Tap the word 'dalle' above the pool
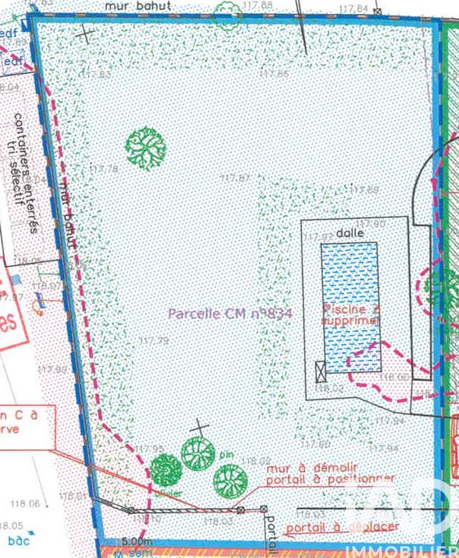pyautogui.click(x=346, y=234)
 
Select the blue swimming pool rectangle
pyautogui.click(x=349, y=300)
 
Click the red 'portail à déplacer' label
pyautogui.click(x=342, y=525)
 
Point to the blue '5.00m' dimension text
pyautogui.click(x=136, y=541)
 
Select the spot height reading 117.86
pyautogui.click(x=273, y=73)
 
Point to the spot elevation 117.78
pyautogui.click(x=105, y=169)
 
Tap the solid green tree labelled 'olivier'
pyautogui.click(x=166, y=471)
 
